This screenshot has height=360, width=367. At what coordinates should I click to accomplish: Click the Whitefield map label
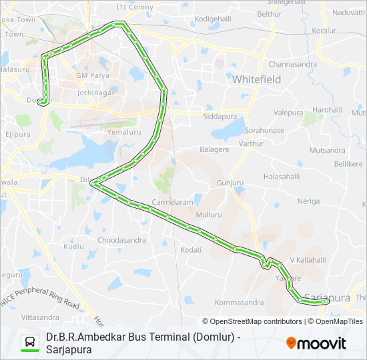point(257,79)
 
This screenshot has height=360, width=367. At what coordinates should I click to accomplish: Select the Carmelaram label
point(171,201)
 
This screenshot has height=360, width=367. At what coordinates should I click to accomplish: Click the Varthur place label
point(251,143)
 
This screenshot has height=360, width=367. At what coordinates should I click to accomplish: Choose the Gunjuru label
point(229,182)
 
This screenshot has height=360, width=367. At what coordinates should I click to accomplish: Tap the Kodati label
point(191,249)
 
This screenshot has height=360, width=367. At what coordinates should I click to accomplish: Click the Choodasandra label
point(122,239)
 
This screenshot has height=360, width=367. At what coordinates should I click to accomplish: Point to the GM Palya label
point(92,76)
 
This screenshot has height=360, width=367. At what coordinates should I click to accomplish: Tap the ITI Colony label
point(135,7)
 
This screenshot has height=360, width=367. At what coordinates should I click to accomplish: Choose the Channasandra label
point(293,64)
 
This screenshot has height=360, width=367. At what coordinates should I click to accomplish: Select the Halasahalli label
point(284,177)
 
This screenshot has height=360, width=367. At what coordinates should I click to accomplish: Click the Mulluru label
point(209,215)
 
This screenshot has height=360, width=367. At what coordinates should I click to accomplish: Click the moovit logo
point(316,343)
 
